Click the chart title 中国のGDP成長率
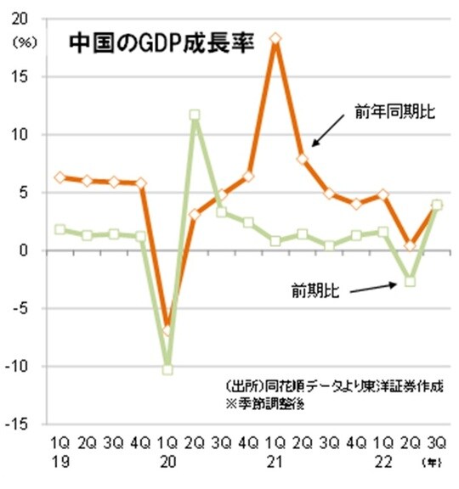tap(161, 43)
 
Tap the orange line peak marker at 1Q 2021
tap(275, 38)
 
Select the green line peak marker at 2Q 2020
tap(195, 115)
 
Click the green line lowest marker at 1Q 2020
tap(167, 369)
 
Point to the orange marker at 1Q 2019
tap(59, 177)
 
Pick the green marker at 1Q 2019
tap(59, 229)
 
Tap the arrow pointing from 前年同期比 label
tap(326, 132)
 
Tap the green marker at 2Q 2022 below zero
tap(411, 281)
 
